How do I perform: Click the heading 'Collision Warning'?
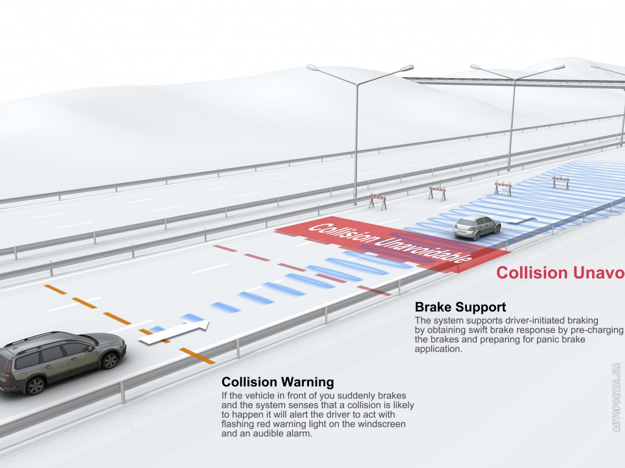click(278, 383)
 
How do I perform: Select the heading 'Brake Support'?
click(460, 307)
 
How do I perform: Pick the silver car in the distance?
click(477, 228)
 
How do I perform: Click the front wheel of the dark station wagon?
click(109, 360)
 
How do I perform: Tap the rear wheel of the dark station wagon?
click(36, 385)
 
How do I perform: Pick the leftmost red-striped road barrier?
click(377, 200)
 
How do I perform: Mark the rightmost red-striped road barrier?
click(560, 181)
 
